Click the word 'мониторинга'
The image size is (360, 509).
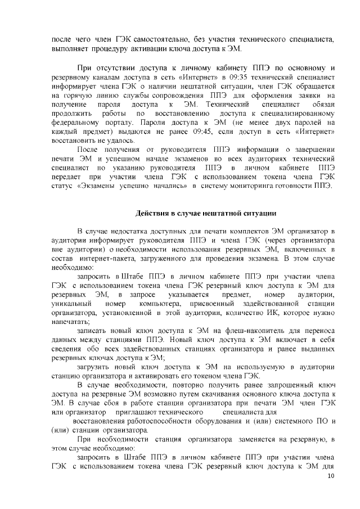click(x=260, y=186)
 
